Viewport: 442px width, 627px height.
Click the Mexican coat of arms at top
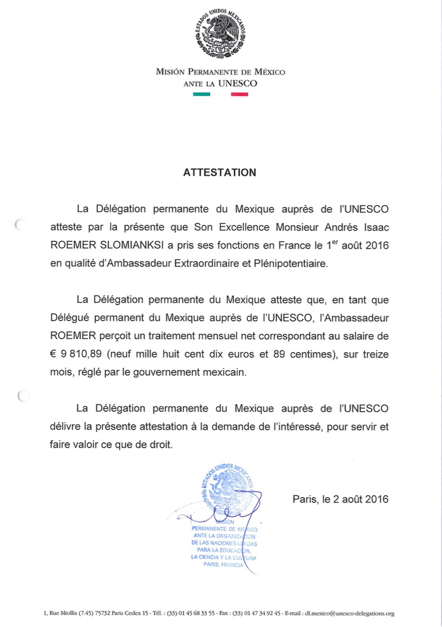(221, 34)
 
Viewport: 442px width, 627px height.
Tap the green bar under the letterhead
(201, 94)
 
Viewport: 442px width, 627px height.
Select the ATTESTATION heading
(219, 173)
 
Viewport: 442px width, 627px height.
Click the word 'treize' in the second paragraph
(374, 355)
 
